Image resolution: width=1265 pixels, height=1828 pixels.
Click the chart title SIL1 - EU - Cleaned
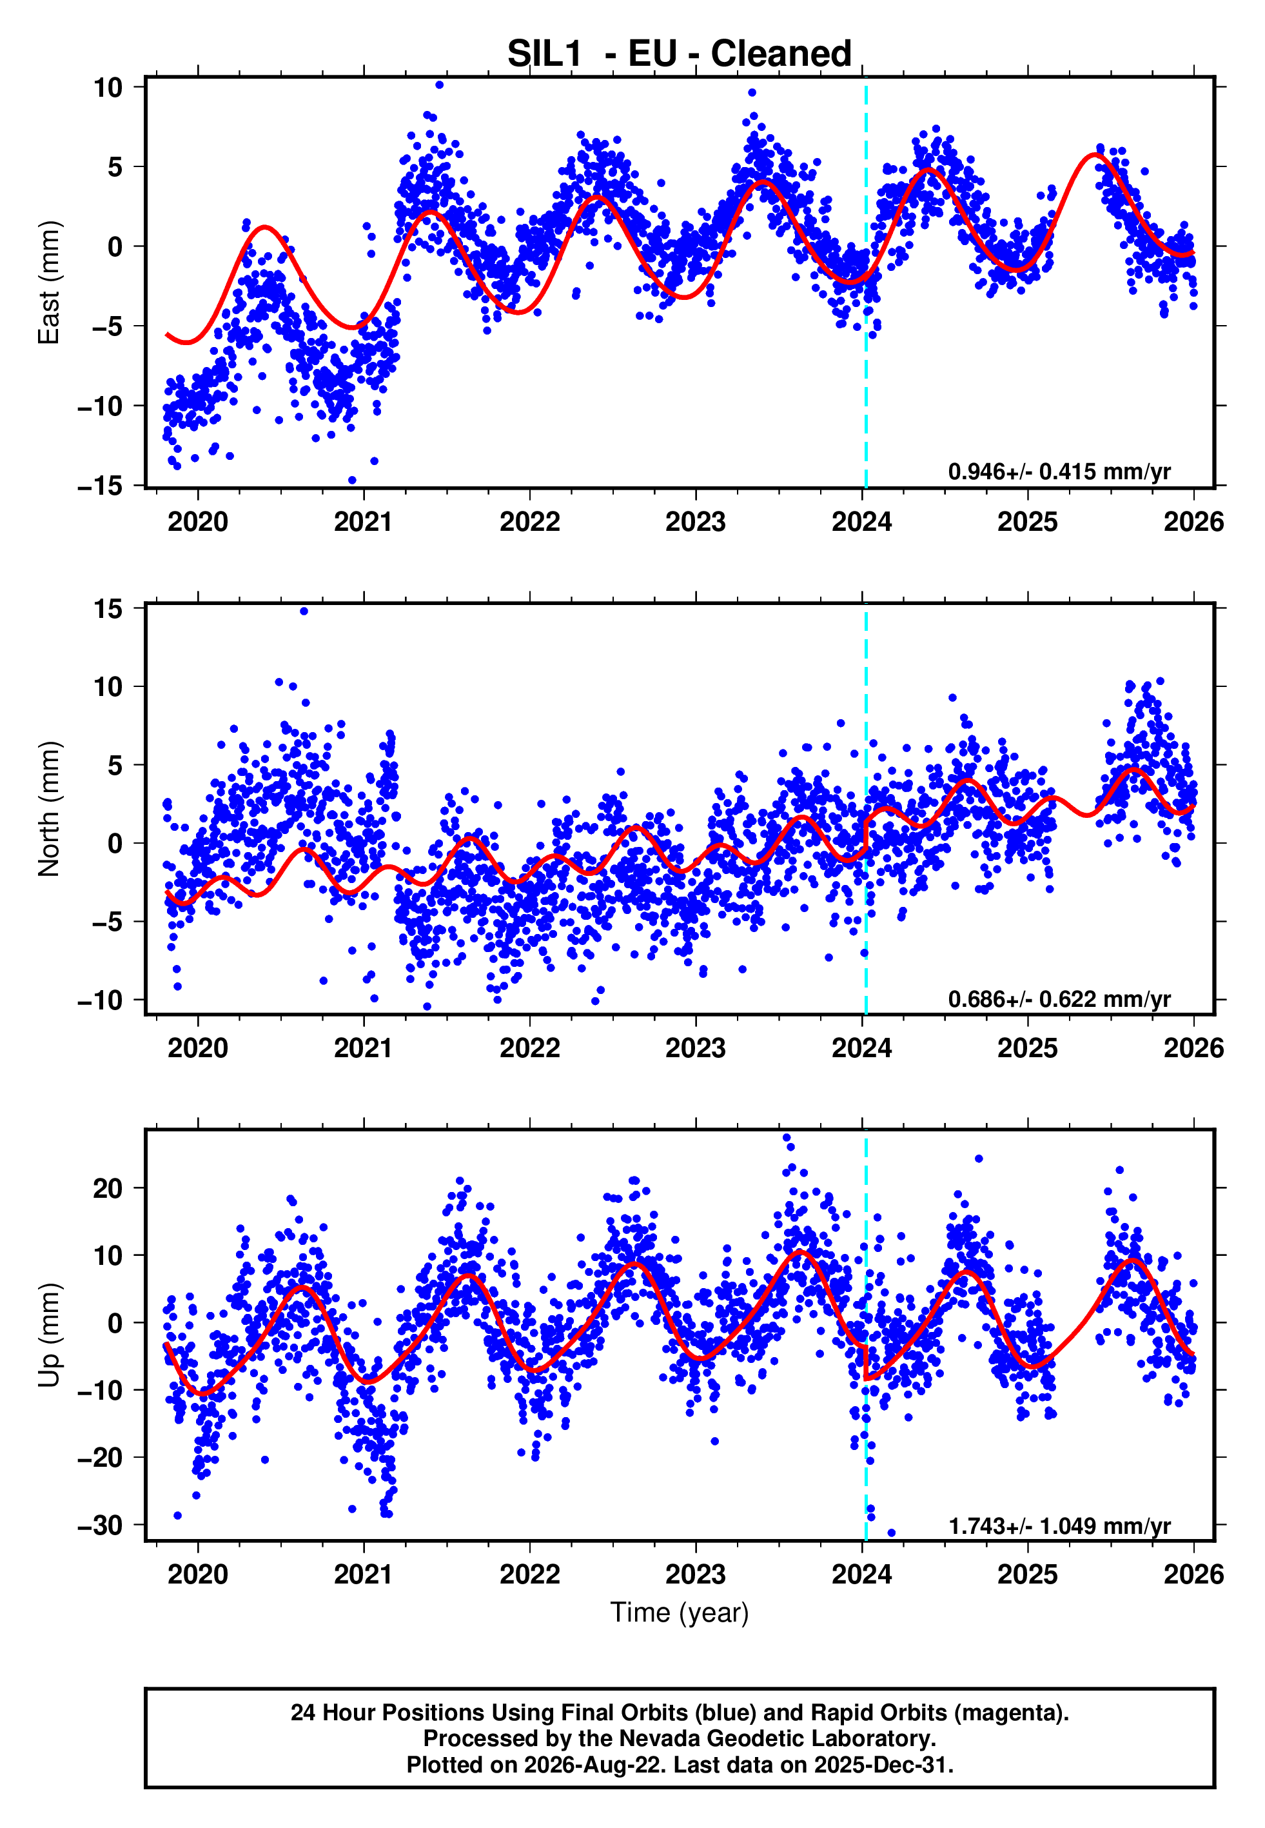(x=680, y=54)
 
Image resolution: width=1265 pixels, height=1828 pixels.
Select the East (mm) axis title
(x=49, y=283)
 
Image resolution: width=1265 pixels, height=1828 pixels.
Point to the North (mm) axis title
(x=49, y=809)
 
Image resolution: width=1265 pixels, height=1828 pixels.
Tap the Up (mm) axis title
(x=49, y=1335)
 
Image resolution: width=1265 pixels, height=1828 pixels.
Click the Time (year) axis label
(x=680, y=1613)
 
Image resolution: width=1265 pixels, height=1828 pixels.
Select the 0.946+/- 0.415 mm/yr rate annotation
(x=1059, y=472)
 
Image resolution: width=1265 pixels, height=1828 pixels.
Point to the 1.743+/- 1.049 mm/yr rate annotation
(x=1059, y=1526)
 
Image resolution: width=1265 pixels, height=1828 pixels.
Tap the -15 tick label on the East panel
(x=100, y=485)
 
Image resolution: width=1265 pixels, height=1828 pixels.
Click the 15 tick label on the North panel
(x=108, y=609)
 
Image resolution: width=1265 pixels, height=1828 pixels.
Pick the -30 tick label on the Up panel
(x=100, y=1525)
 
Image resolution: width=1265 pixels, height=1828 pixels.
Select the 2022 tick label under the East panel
(x=529, y=522)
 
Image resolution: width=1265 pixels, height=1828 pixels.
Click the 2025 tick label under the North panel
(x=1027, y=1048)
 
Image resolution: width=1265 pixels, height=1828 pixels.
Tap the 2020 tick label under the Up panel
(x=197, y=1575)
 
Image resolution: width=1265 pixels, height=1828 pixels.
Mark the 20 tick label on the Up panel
(x=108, y=1188)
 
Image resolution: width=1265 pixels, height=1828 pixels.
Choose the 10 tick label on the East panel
(x=108, y=87)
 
